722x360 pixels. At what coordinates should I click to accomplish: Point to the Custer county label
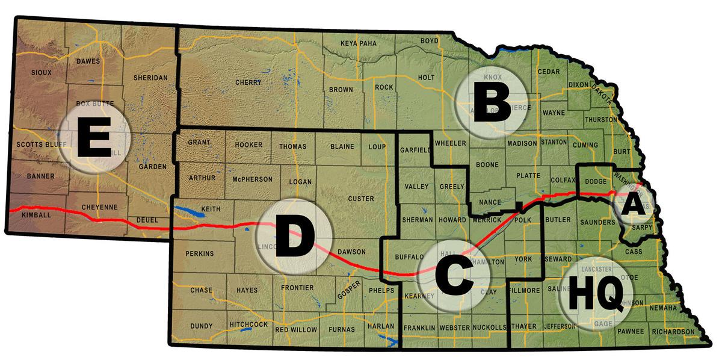coord(361,199)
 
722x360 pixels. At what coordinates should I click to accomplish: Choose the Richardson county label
coord(673,332)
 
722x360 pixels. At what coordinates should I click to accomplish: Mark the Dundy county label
coord(201,326)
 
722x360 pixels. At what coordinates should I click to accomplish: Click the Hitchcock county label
coord(248,324)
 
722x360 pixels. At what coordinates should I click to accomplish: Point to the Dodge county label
coord(595,181)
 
